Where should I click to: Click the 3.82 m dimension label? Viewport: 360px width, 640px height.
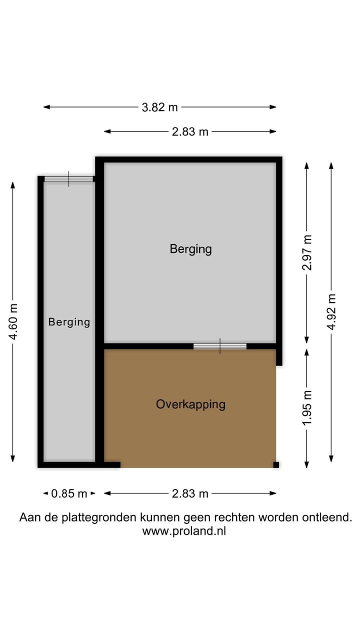tap(159, 107)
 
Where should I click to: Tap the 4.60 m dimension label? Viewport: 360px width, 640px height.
tap(13, 321)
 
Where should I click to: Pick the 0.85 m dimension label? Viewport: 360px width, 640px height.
tap(69, 493)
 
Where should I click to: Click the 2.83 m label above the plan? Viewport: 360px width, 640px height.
tap(190, 132)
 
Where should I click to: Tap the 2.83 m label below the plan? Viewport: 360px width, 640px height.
tap(190, 493)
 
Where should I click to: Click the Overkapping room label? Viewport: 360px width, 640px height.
tap(190, 404)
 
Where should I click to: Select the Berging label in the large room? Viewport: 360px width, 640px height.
tap(190, 248)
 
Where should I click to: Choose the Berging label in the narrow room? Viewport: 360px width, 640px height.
tap(69, 322)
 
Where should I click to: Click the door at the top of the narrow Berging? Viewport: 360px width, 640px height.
tap(69, 179)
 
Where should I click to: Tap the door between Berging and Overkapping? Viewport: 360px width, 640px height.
tap(220, 346)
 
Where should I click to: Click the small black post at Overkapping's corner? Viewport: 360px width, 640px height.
tap(276, 464)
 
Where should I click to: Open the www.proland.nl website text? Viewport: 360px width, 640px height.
tap(184, 531)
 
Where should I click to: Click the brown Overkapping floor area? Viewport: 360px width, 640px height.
tap(190, 435)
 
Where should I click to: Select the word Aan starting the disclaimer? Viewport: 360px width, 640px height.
tap(27, 517)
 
